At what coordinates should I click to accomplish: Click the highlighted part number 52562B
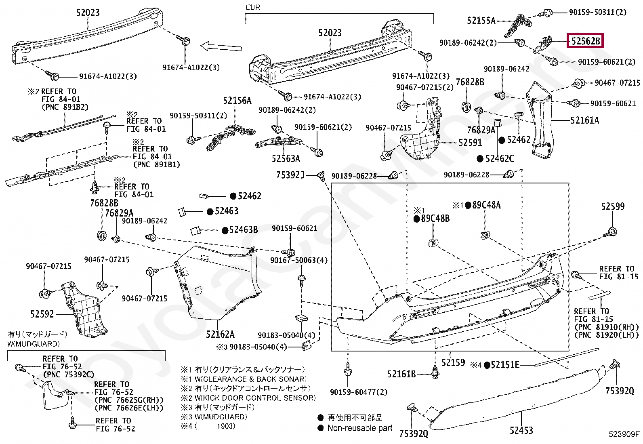click(x=585, y=41)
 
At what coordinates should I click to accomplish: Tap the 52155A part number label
click(x=481, y=21)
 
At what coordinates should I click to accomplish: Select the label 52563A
click(x=286, y=159)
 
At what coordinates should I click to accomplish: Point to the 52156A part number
click(x=237, y=101)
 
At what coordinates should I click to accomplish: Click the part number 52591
click(x=470, y=143)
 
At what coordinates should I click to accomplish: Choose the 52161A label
click(x=584, y=120)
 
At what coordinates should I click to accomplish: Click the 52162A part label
click(x=220, y=334)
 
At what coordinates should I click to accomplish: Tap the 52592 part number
click(x=42, y=314)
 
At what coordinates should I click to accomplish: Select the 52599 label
click(x=612, y=207)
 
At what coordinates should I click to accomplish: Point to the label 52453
click(x=521, y=430)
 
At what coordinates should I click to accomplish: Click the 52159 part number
click(x=453, y=363)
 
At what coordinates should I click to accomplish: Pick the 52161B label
click(x=401, y=375)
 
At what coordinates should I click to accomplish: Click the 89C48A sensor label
click(x=486, y=205)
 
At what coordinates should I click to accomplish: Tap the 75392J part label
click(x=290, y=175)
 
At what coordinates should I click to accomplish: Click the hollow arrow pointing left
click(x=221, y=47)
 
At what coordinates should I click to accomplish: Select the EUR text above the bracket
click(x=253, y=7)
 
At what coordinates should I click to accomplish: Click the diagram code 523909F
click(x=624, y=434)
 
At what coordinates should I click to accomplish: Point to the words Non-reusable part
click(x=359, y=428)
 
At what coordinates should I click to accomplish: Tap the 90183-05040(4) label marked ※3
click(x=258, y=347)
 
